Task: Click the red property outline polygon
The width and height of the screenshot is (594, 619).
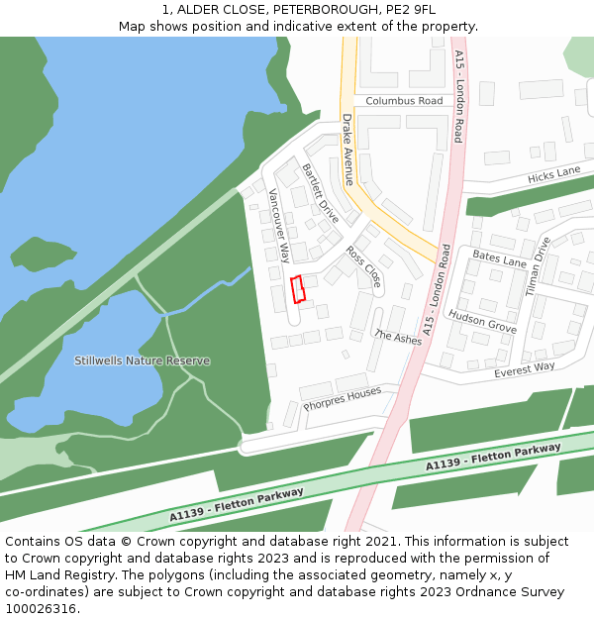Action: click(x=297, y=288)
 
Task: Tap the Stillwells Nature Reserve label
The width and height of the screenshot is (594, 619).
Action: click(x=142, y=361)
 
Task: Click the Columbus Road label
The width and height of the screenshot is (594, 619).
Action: click(x=404, y=101)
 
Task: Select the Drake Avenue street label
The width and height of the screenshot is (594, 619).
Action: click(x=347, y=150)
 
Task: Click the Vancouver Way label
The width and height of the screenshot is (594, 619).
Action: click(x=279, y=225)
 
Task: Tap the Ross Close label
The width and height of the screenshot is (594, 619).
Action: click(x=363, y=267)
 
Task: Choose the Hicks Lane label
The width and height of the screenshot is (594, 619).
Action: click(x=554, y=174)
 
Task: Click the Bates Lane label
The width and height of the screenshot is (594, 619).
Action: click(x=499, y=259)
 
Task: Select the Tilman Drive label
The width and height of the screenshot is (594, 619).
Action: click(x=539, y=266)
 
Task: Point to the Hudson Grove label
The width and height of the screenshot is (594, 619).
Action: click(x=482, y=321)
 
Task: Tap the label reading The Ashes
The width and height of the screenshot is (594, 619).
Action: click(x=398, y=337)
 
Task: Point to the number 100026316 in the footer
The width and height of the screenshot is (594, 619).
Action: click(x=42, y=608)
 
